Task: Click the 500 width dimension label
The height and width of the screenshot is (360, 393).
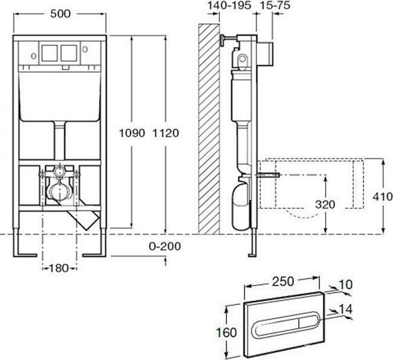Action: tap(60, 14)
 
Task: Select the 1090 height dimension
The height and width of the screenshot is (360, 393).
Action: tap(132, 133)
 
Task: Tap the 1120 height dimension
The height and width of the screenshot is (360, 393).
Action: tap(166, 133)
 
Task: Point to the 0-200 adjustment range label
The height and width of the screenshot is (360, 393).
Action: tap(165, 247)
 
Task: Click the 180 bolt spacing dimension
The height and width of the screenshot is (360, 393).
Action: tap(59, 268)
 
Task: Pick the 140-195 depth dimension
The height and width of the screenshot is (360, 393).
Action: tap(229, 5)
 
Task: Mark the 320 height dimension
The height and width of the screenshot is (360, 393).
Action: tap(325, 205)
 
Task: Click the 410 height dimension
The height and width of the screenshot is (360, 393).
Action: tap(383, 197)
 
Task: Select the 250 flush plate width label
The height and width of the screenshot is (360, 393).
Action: tap(283, 282)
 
